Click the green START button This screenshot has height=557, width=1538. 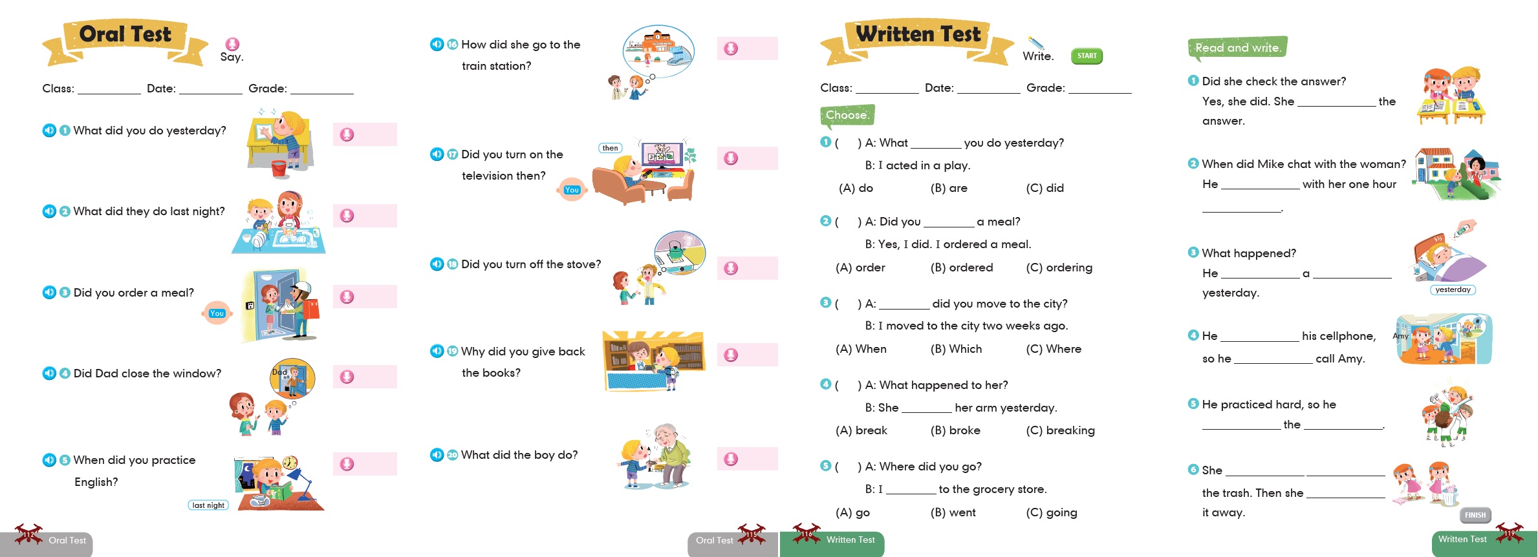(x=1087, y=56)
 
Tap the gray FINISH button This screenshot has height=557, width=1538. (x=1475, y=515)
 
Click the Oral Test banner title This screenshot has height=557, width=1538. (x=125, y=34)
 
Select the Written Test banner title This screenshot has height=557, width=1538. (x=918, y=34)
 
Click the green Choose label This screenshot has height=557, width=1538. (x=847, y=115)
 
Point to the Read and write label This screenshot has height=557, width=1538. (x=1238, y=48)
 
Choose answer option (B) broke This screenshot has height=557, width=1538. (x=955, y=430)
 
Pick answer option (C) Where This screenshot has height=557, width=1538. (x=1054, y=349)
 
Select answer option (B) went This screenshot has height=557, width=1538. (x=953, y=512)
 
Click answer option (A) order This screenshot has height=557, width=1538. (x=860, y=268)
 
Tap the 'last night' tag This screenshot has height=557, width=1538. (x=208, y=505)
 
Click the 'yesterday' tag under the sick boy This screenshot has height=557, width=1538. (x=1453, y=289)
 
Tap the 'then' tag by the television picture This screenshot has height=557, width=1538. (x=610, y=148)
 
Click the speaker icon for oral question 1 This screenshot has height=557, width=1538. (x=49, y=131)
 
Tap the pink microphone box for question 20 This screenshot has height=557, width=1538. (x=747, y=459)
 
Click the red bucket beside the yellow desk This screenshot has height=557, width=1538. (x=279, y=169)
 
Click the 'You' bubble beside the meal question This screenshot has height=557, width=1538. (x=217, y=313)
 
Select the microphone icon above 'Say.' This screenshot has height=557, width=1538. (x=232, y=44)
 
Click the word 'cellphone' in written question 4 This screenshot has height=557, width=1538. (x=1338, y=336)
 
